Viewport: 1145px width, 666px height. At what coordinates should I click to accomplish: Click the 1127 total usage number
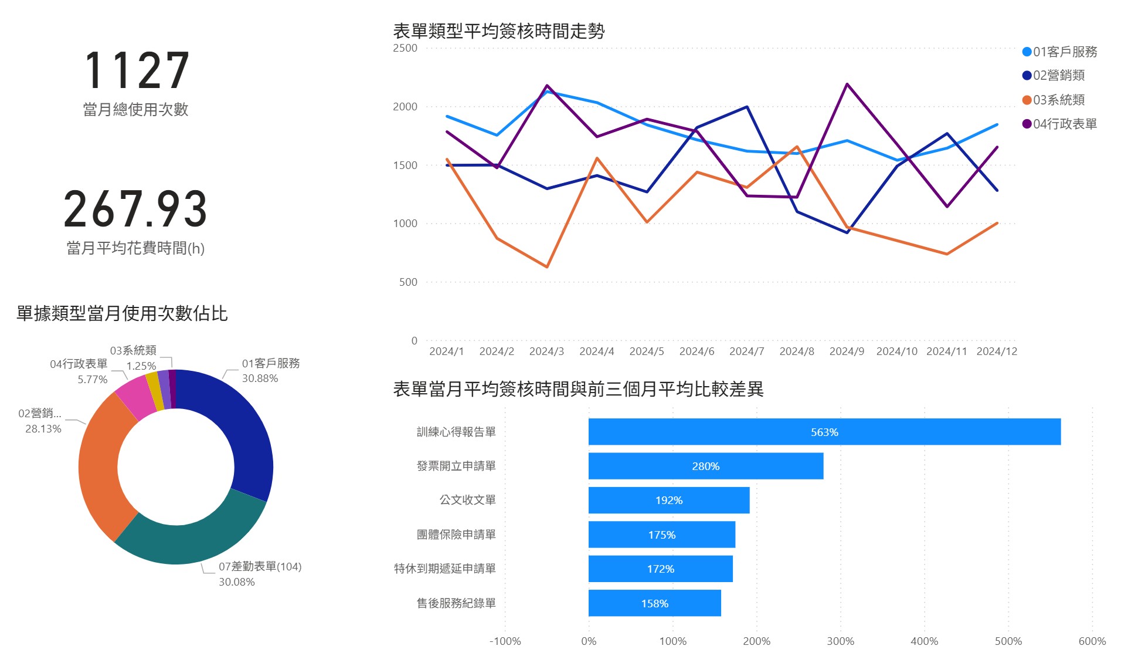[137, 70]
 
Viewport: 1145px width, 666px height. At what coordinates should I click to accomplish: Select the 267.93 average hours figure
[135, 209]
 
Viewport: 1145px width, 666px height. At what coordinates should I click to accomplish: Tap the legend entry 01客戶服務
[1059, 52]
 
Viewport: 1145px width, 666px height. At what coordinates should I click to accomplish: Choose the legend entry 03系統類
[1054, 100]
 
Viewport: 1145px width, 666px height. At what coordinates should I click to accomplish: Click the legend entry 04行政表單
[1059, 124]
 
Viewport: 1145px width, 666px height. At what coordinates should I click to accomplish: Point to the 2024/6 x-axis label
[696, 351]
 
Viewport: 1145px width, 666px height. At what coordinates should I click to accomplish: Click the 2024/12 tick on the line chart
[997, 351]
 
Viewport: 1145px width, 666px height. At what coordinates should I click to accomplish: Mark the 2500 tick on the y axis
[405, 48]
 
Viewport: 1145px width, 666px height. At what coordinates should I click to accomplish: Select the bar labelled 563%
[824, 432]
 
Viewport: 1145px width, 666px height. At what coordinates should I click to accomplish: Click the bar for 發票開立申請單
[706, 466]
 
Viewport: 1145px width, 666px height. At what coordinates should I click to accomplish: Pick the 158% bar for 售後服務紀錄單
[655, 603]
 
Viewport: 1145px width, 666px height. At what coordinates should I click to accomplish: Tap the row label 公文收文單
[468, 500]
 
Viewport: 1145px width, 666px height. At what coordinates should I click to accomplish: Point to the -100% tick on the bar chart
[505, 641]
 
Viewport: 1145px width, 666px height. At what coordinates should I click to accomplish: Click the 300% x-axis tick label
[840, 641]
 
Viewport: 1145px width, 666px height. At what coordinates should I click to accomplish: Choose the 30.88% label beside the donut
[260, 378]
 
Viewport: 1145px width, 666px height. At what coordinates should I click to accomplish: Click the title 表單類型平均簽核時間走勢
[498, 31]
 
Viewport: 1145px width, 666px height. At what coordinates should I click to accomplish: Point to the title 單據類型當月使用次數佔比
[122, 313]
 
